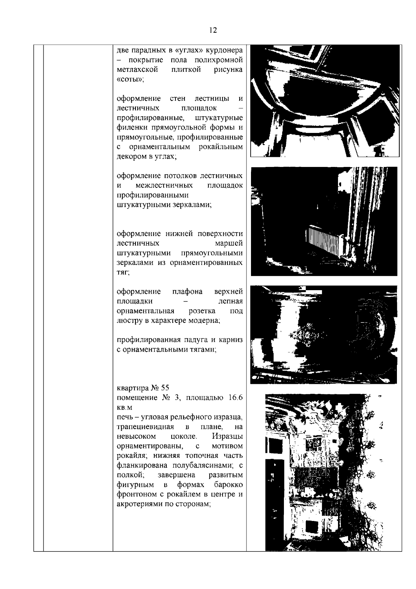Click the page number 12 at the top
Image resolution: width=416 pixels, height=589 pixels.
(213, 31)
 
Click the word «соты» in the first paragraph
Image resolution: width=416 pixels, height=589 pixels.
(130, 79)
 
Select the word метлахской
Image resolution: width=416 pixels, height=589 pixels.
(137, 70)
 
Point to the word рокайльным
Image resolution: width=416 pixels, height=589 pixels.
(221, 147)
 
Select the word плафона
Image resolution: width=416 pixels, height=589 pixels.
(188, 292)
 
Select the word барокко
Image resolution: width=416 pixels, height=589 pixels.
(228, 485)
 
